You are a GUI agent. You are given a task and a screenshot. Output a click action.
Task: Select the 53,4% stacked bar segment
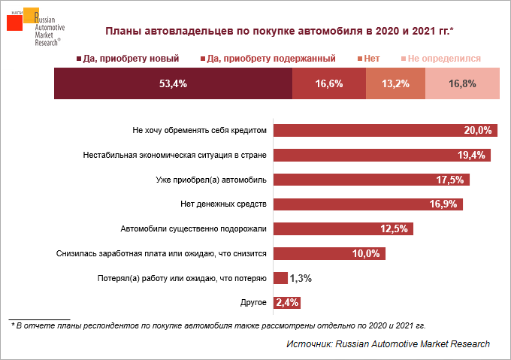click(173, 83)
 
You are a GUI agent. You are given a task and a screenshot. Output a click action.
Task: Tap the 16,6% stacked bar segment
click(328, 83)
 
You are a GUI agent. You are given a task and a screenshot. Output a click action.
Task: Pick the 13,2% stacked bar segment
click(395, 83)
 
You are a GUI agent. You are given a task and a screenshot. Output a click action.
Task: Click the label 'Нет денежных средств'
click(224, 204)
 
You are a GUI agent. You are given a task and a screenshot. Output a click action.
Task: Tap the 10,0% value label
click(367, 253)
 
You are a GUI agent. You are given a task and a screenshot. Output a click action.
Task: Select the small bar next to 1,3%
click(280, 278)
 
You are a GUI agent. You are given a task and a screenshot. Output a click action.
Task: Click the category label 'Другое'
click(252, 302)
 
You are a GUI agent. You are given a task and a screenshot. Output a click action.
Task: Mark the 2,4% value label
click(288, 303)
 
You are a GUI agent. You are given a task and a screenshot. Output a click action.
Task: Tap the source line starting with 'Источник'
click(388, 343)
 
